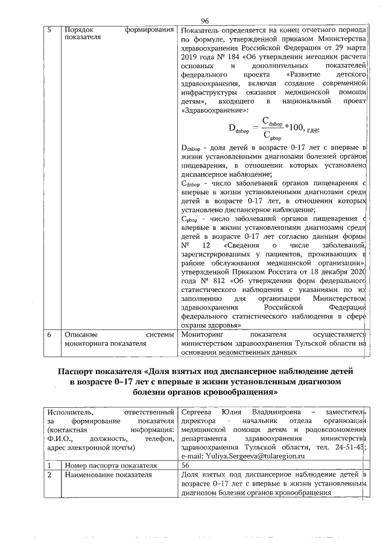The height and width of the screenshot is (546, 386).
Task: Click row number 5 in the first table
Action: pos(49,30)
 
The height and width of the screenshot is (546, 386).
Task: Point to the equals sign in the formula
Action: pos(254,129)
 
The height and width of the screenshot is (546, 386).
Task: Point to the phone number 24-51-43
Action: pos(352,447)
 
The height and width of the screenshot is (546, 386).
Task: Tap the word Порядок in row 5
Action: pos(78,30)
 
